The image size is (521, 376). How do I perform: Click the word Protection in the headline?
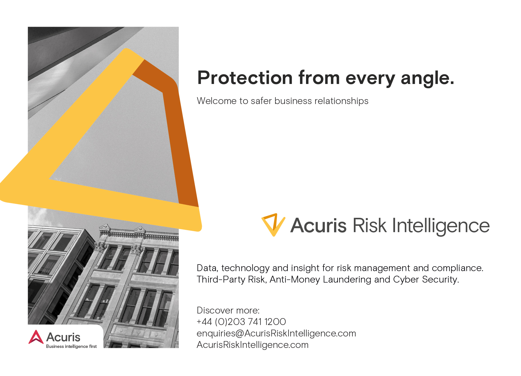point(245,78)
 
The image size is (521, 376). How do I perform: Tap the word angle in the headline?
point(427,78)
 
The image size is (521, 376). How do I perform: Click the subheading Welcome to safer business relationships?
point(282,101)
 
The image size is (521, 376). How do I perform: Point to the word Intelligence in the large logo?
point(441,226)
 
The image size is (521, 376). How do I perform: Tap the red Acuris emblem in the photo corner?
point(36,337)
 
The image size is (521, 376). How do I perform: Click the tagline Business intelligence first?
point(71,346)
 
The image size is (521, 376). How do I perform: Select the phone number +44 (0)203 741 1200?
point(241,322)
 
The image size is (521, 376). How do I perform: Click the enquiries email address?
point(276,333)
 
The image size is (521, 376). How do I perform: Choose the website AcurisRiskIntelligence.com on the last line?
point(252,345)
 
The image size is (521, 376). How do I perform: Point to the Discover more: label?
point(228,310)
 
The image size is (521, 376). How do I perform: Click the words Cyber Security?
point(426,279)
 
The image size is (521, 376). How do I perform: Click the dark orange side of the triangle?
point(180,138)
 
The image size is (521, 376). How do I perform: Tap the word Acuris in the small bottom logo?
point(63,337)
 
